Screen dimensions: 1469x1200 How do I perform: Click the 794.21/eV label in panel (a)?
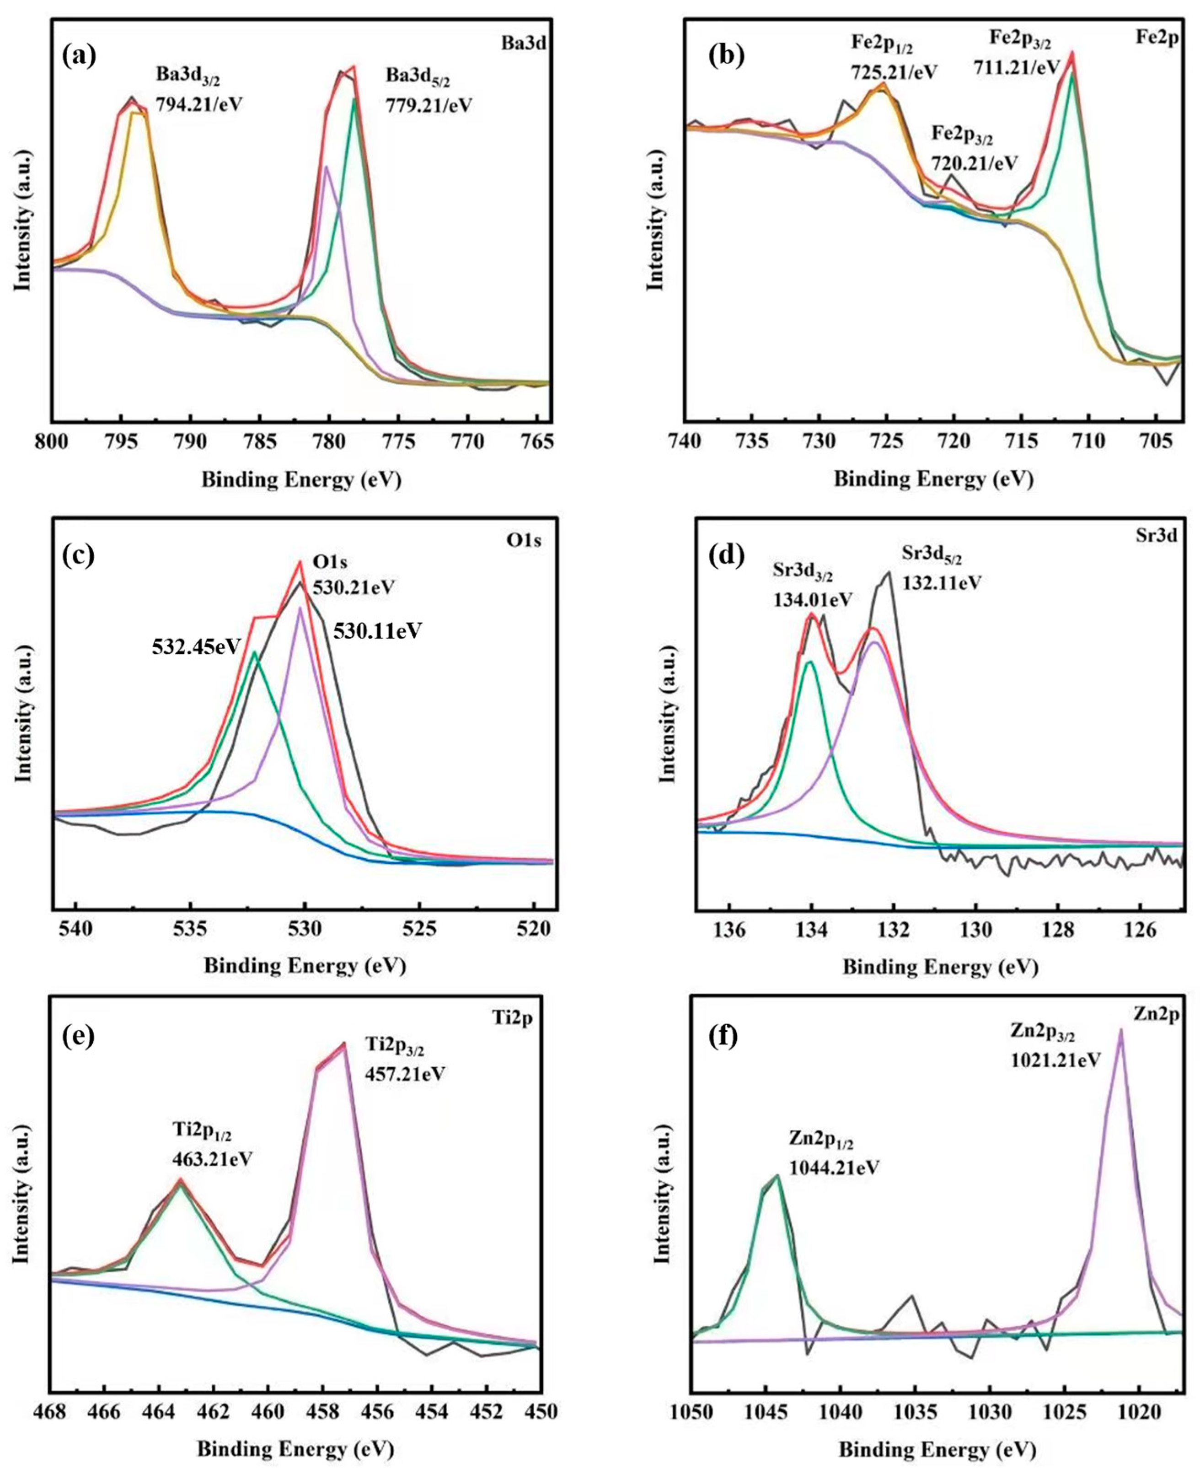pos(199,104)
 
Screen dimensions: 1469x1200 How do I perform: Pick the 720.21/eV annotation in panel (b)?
pos(974,163)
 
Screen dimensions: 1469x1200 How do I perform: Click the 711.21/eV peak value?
pos(1016,67)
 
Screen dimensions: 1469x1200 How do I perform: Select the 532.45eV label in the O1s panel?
pos(196,647)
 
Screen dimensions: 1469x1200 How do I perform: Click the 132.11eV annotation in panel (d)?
pos(942,582)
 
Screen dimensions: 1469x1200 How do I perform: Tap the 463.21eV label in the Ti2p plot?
pos(212,1158)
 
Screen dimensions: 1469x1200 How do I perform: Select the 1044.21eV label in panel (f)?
pos(834,1168)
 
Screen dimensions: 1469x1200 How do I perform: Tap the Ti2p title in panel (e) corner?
pos(513,1019)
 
